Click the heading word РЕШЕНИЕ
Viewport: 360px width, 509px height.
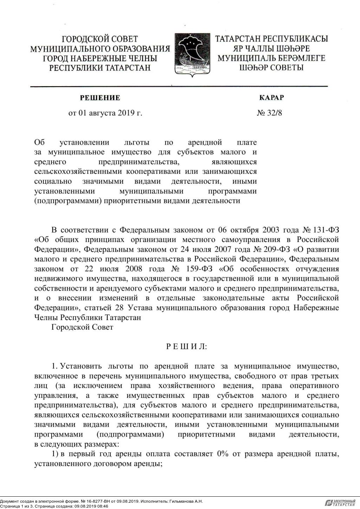pos(100,98)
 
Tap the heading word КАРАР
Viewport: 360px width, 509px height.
pos(271,98)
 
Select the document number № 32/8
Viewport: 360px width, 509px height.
pos(270,113)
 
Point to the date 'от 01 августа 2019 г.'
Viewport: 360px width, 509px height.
pos(105,113)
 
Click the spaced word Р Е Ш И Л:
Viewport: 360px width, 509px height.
pos(187,346)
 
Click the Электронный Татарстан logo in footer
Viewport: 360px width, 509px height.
pos(340,503)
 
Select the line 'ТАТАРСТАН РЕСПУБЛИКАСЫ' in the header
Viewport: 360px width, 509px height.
pos(271,39)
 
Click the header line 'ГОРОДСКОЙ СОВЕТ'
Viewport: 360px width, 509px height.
pos(100,39)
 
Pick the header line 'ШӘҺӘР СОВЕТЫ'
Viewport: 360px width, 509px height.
pos(271,68)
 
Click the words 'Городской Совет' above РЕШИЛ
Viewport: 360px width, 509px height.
pos(82,327)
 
